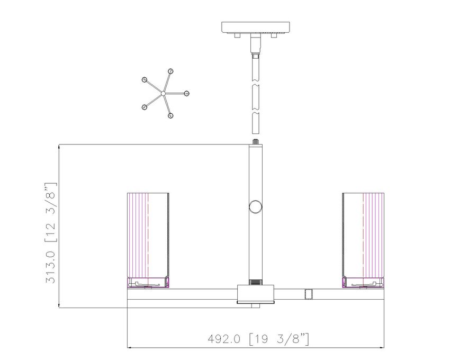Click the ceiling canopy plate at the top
pos(255,28)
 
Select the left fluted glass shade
pos(148,236)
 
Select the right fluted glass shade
pos(363,236)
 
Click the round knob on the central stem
pos(255,207)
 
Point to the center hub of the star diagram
pos(163,93)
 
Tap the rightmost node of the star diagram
pos(186,94)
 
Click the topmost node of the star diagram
pos(171,71)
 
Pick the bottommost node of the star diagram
pos(170,116)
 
